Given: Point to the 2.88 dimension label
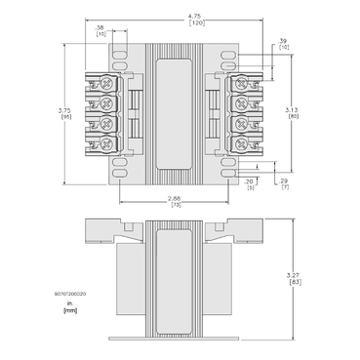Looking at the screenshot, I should click(176, 198).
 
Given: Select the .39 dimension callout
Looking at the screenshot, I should click(283, 41).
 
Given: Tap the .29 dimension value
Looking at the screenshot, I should click(284, 181).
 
